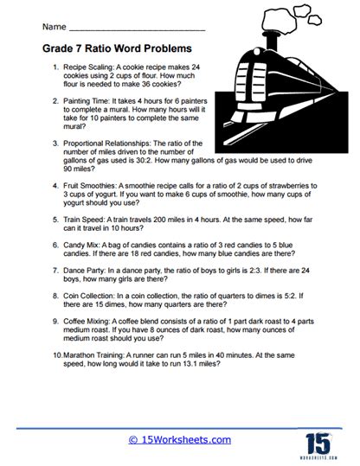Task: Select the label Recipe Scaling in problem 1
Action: (91, 67)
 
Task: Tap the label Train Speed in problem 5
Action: (87, 220)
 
